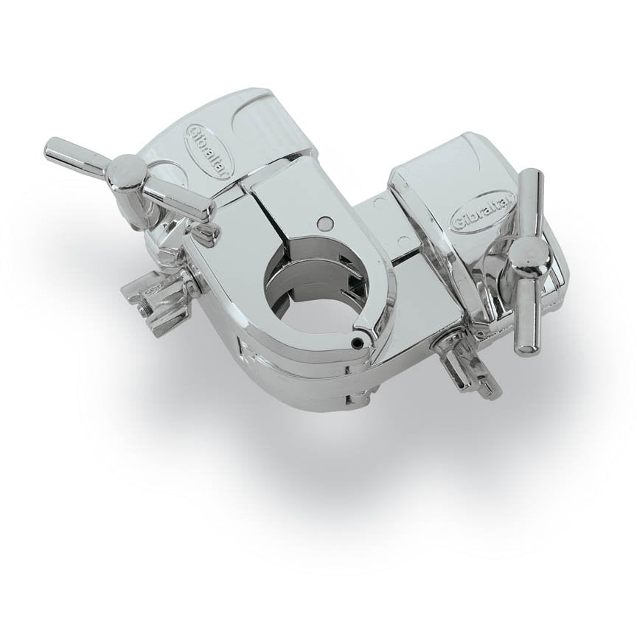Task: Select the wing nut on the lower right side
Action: click(460, 372)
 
